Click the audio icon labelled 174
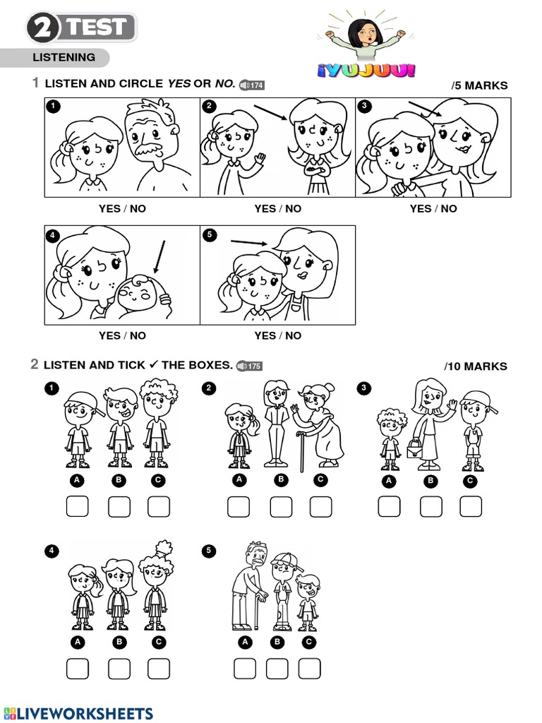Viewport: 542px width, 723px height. tap(252, 85)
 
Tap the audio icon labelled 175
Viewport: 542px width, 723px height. tap(249, 366)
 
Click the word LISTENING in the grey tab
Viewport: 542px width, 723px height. tap(64, 57)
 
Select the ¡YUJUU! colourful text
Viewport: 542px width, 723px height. tap(366, 70)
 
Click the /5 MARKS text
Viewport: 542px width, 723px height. tap(479, 85)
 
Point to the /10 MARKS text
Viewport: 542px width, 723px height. tap(476, 366)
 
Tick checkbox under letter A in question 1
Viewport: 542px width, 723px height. tap(78, 506)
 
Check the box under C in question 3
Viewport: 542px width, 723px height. tap(471, 506)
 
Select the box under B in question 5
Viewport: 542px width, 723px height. tap(277, 668)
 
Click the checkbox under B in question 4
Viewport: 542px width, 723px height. tap(119, 668)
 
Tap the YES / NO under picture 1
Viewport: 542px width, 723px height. tap(122, 208)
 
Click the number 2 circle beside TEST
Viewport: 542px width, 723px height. tap(44, 29)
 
